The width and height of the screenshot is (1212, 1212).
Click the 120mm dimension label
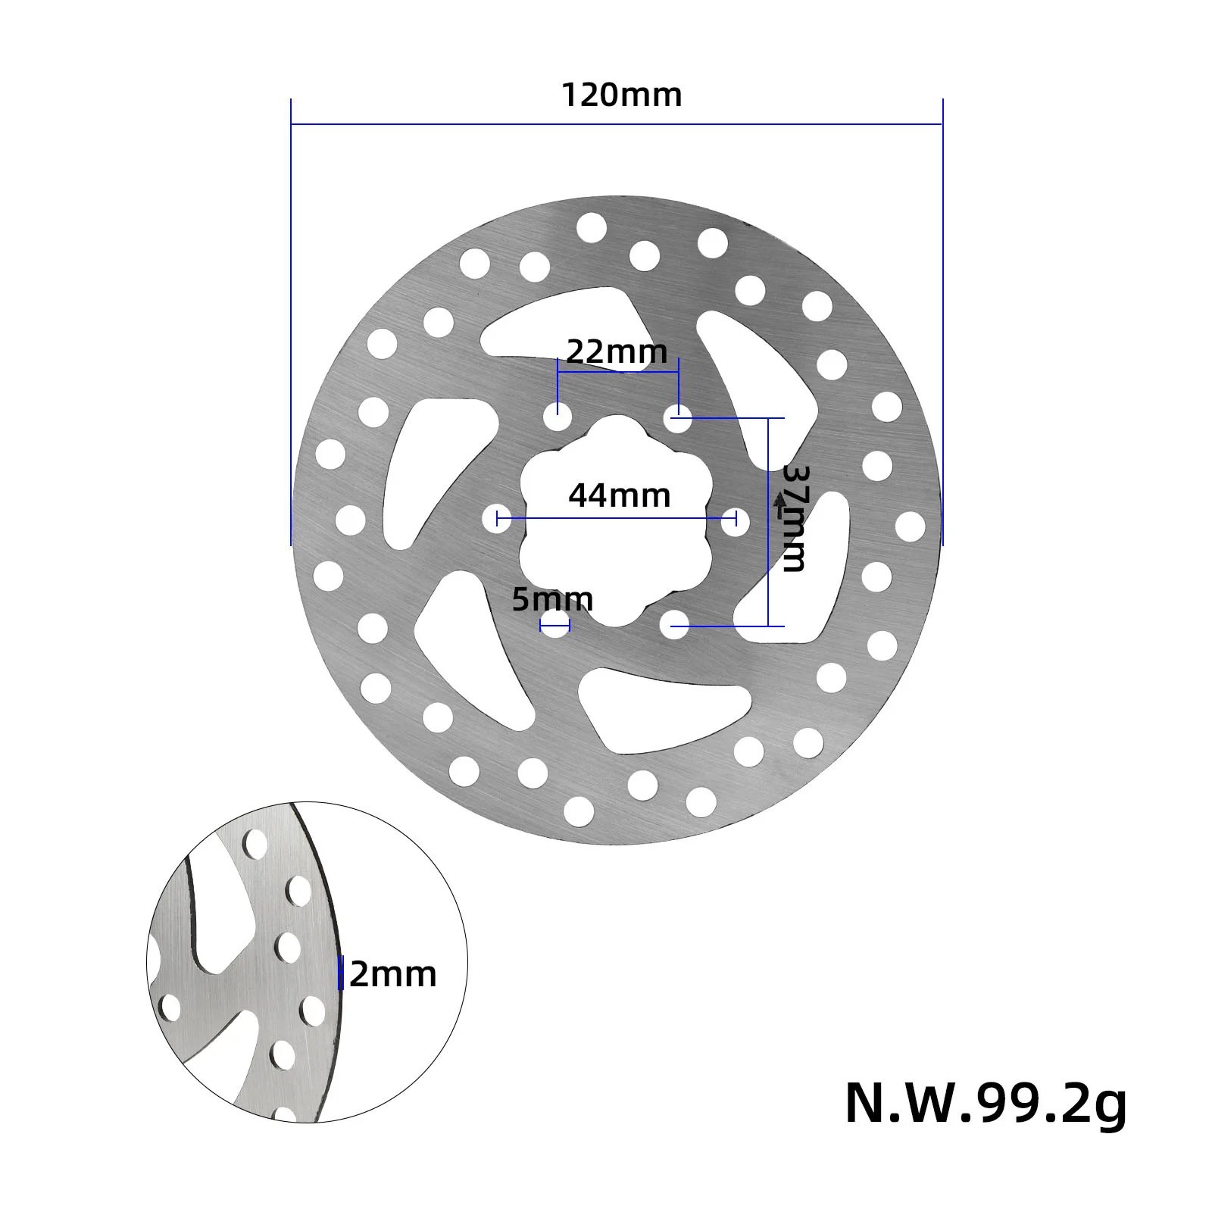point(621,95)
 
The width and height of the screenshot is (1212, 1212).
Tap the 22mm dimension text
point(617,351)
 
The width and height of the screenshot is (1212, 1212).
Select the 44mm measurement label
point(620,495)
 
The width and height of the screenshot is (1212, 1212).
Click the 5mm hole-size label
point(552,599)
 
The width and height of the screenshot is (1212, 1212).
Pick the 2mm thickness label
point(393,974)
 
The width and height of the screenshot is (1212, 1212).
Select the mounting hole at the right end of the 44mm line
point(734,520)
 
